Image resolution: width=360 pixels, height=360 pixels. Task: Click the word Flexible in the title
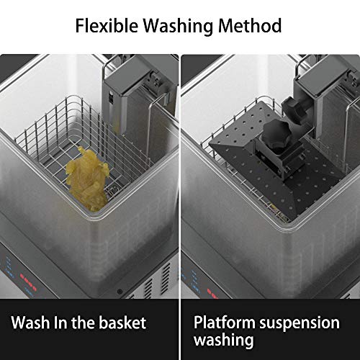click(107, 25)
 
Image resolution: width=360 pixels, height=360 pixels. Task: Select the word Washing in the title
click(178, 26)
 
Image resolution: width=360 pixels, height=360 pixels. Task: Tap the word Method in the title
click(250, 25)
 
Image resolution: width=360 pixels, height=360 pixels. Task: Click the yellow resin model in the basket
click(87, 179)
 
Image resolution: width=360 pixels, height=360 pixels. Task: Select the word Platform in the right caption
click(225, 323)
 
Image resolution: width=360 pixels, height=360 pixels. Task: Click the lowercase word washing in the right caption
click(224, 341)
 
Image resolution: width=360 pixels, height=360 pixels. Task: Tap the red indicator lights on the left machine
click(28, 283)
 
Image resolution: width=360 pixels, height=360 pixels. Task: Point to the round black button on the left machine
click(120, 292)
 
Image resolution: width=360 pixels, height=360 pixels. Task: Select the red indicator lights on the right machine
click(213, 294)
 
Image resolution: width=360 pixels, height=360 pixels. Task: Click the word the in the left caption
click(84, 323)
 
